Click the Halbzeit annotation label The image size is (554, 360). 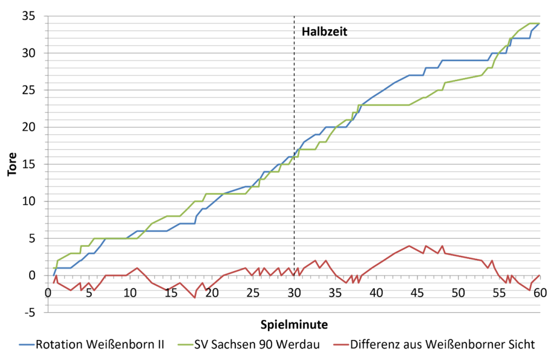pyautogui.click(x=324, y=31)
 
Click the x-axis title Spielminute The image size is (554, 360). pyautogui.click(x=293, y=325)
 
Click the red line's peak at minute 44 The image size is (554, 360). pyautogui.click(x=409, y=246)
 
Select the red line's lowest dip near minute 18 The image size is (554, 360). pyautogui.click(x=195, y=297)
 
